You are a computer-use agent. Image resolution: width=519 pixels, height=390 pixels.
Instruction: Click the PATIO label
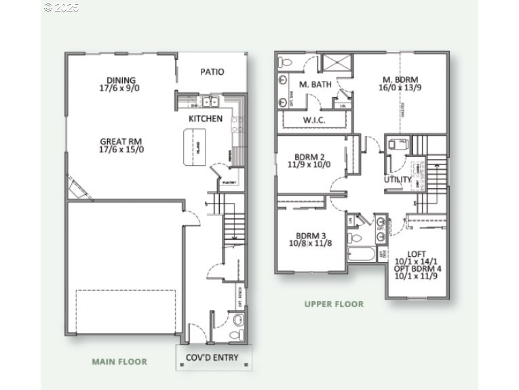coord(212,72)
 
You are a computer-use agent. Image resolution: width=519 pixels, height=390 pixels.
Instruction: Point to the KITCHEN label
coord(205,119)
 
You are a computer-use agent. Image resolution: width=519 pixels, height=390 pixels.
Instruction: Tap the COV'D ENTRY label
coord(212,357)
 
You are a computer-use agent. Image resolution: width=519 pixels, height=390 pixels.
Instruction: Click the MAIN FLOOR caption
coord(119,361)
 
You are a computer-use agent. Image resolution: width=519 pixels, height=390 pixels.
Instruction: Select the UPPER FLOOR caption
coord(334,304)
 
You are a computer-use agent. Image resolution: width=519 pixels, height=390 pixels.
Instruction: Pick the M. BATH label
coord(313,85)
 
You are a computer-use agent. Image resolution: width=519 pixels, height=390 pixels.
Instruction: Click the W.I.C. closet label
coord(314,120)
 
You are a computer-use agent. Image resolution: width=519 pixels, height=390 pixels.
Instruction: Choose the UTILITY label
coord(398,180)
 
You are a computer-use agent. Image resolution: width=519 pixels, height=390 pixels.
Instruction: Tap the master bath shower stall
coord(334,63)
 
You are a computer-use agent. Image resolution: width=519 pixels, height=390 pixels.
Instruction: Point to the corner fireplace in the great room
coord(79,188)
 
